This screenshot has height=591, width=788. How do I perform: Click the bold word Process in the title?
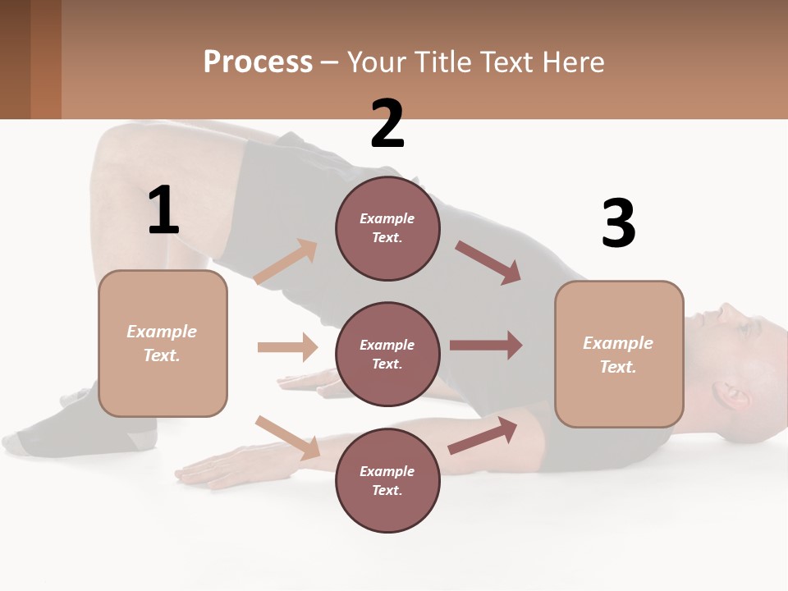coord(258,62)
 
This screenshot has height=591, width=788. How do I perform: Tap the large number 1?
coord(163,210)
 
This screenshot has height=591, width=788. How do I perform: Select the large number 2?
coord(387,124)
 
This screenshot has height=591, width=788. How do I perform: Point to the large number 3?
coord(618,224)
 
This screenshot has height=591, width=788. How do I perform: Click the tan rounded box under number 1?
coord(163,343)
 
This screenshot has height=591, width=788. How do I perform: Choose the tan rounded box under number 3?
coord(619,354)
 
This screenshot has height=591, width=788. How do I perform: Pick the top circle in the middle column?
coord(387,228)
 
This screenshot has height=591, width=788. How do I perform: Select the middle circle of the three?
coord(387,354)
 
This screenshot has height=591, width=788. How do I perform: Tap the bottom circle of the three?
coord(387,480)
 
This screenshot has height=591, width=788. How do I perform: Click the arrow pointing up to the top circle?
coord(286,262)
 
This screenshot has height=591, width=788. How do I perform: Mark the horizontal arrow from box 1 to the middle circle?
coord(287,347)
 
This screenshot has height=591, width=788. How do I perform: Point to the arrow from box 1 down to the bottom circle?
coord(288,438)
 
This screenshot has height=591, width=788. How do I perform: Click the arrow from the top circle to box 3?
coord(488,263)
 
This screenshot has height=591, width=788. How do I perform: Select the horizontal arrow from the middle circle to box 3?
coord(486,346)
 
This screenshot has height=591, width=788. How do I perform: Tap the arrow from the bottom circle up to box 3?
coord(483,436)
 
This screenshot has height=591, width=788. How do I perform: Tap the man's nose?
coord(727,311)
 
